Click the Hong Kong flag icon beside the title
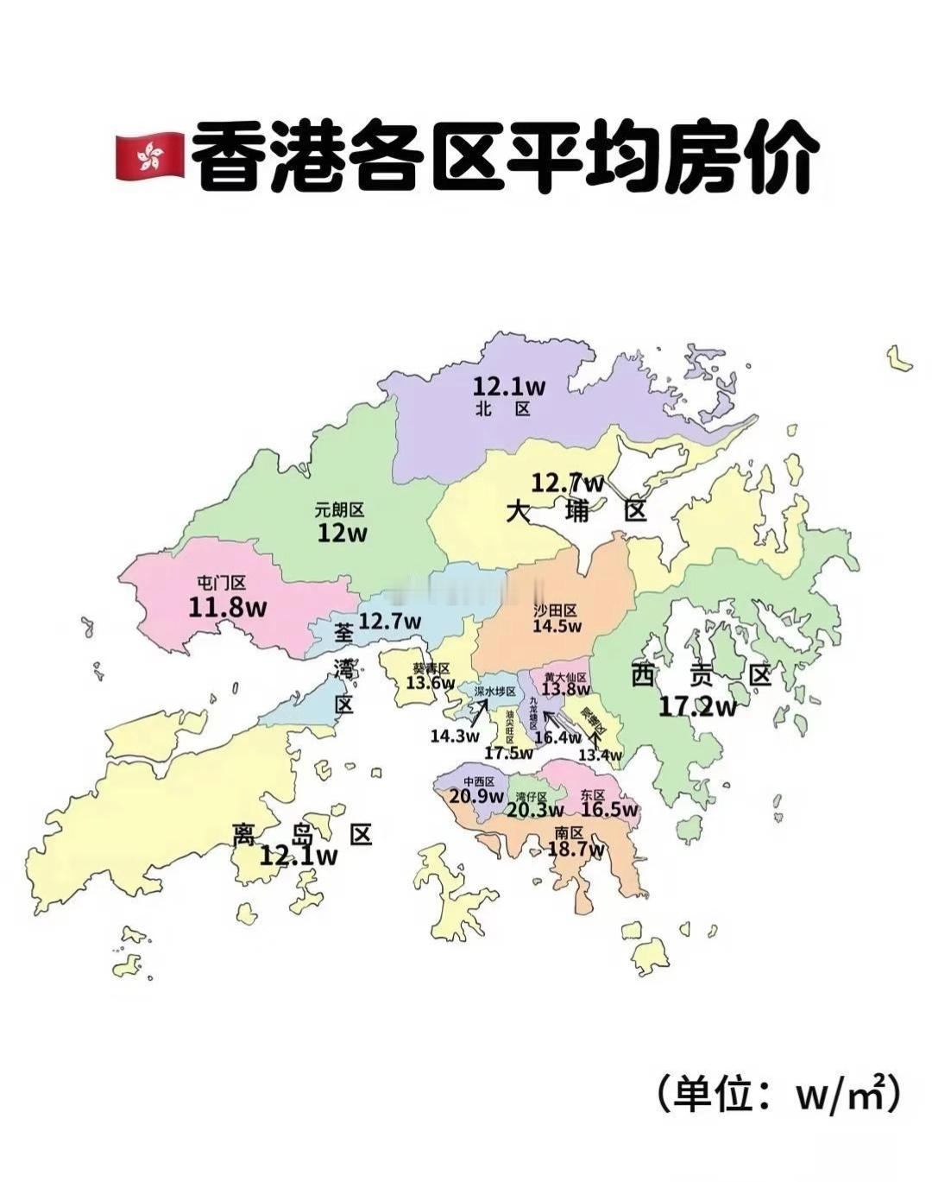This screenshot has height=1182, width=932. (x=149, y=156)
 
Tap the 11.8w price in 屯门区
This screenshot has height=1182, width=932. (x=228, y=607)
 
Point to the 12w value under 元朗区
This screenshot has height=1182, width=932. (x=342, y=533)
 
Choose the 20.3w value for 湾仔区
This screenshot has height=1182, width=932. (x=534, y=810)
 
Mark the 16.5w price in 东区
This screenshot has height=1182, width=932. (x=609, y=810)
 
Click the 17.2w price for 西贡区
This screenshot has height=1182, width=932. (x=698, y=706)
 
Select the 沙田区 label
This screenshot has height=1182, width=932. (x=555, y=610)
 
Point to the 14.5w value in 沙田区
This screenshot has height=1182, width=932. (x=557, y=626)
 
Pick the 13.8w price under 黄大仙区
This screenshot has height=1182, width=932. (x=565, y=689)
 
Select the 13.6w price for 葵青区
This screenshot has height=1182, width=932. (x=430, y=683)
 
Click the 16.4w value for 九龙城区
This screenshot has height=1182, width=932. (x=557, y=736)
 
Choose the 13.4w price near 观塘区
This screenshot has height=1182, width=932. (x=600, y=755)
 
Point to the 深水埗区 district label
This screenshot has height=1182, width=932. (x=495, y=692)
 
